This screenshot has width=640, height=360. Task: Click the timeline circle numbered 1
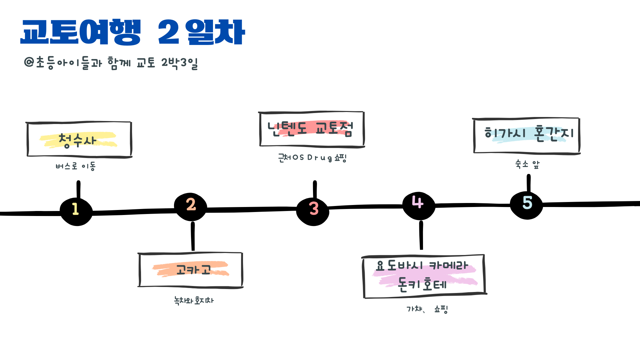tap(76, 211)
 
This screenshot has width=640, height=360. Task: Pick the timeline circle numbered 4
tap(419, 205)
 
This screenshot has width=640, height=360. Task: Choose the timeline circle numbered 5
tap(527, 204)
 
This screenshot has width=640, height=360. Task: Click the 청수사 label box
tap(79, 139)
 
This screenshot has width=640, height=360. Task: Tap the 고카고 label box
tap(190, 269)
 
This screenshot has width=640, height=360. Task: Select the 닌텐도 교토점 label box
tap(312, 129)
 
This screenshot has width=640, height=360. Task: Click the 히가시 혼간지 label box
tap(527, 135)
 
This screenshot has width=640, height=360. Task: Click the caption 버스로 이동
tap(76, 166)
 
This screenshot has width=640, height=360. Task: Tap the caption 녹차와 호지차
tap(194, 300)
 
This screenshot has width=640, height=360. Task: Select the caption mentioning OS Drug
tap(312, 158)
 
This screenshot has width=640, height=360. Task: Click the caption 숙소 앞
tap(527, 164)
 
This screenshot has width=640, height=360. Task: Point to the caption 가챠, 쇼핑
tap(427, 309)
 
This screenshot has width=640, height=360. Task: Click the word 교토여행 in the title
tap(81, 32)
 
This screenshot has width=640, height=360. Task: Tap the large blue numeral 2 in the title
tap(169, 32)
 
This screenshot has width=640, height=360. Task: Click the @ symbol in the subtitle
tap(29, 62)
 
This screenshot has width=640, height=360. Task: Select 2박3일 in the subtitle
tap(179, 63)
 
